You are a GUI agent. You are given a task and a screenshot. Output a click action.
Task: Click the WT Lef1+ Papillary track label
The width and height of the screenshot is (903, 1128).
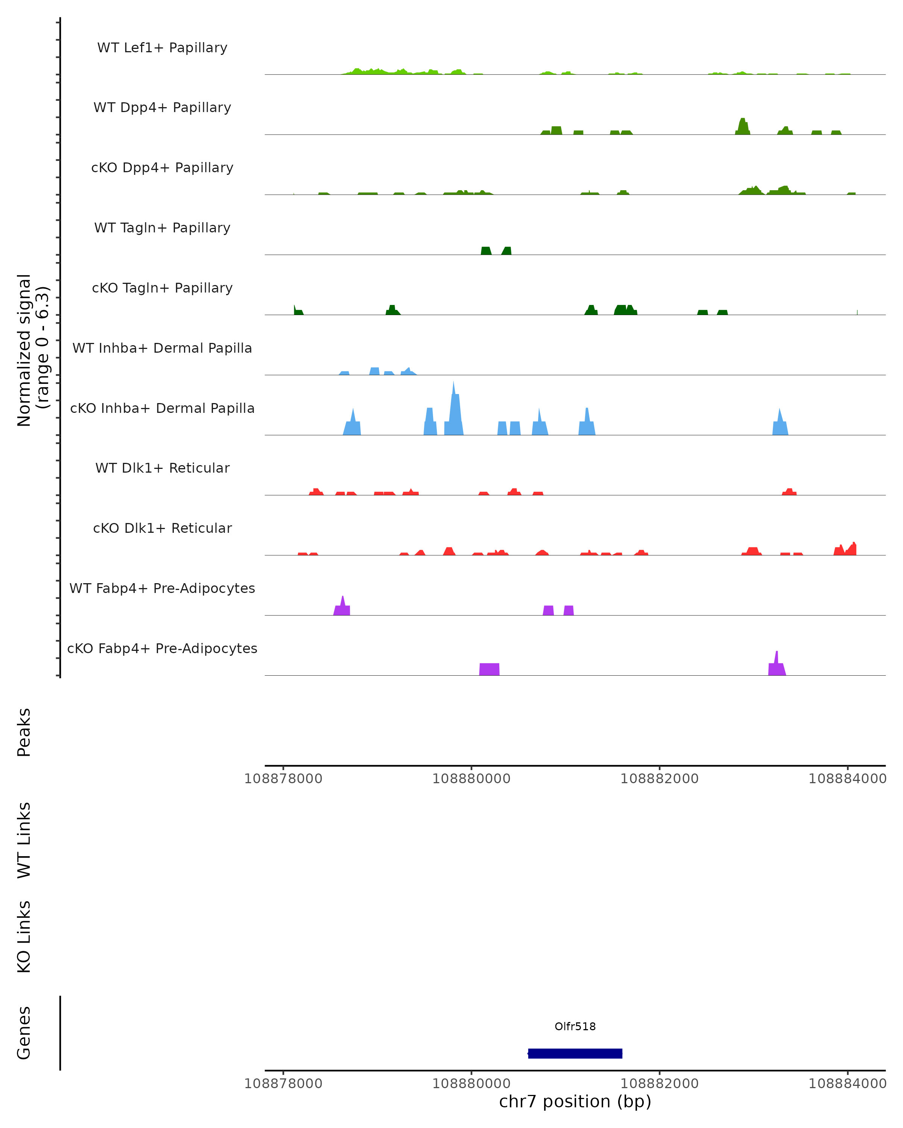click(x=162, y=48)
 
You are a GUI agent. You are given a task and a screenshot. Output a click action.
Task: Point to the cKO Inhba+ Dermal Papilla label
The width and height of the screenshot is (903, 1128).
click(x=162, y=408)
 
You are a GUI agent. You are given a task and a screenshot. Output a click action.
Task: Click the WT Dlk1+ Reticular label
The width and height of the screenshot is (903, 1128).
click(x=162, y=468)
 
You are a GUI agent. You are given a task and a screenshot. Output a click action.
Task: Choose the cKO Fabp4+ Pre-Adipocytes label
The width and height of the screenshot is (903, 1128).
click(x=162, y=648)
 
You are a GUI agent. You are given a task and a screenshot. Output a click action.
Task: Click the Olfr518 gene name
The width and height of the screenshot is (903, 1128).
click(x=575, y=1026)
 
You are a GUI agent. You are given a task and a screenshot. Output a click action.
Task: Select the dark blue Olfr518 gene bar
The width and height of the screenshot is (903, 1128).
click(x=575, y=1053)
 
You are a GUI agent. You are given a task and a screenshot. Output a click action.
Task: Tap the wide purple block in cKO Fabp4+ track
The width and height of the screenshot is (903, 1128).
click(x=490, y=669)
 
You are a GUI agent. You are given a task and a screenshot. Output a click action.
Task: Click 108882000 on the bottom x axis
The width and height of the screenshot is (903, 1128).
click(x=659, y=1084)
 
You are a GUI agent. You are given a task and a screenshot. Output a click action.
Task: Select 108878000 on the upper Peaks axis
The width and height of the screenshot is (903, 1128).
click(x=283, y=779)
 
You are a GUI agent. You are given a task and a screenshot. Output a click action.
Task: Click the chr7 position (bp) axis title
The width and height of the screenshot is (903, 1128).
click(x=575, y=1102)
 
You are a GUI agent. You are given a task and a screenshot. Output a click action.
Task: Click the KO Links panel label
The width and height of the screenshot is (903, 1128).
click(x=24, y=937)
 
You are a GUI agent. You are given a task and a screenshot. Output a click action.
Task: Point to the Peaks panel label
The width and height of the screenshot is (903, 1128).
click(x=24, y=732)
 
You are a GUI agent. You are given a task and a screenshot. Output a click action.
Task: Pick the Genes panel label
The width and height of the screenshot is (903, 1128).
click(x=24, y=1033)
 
